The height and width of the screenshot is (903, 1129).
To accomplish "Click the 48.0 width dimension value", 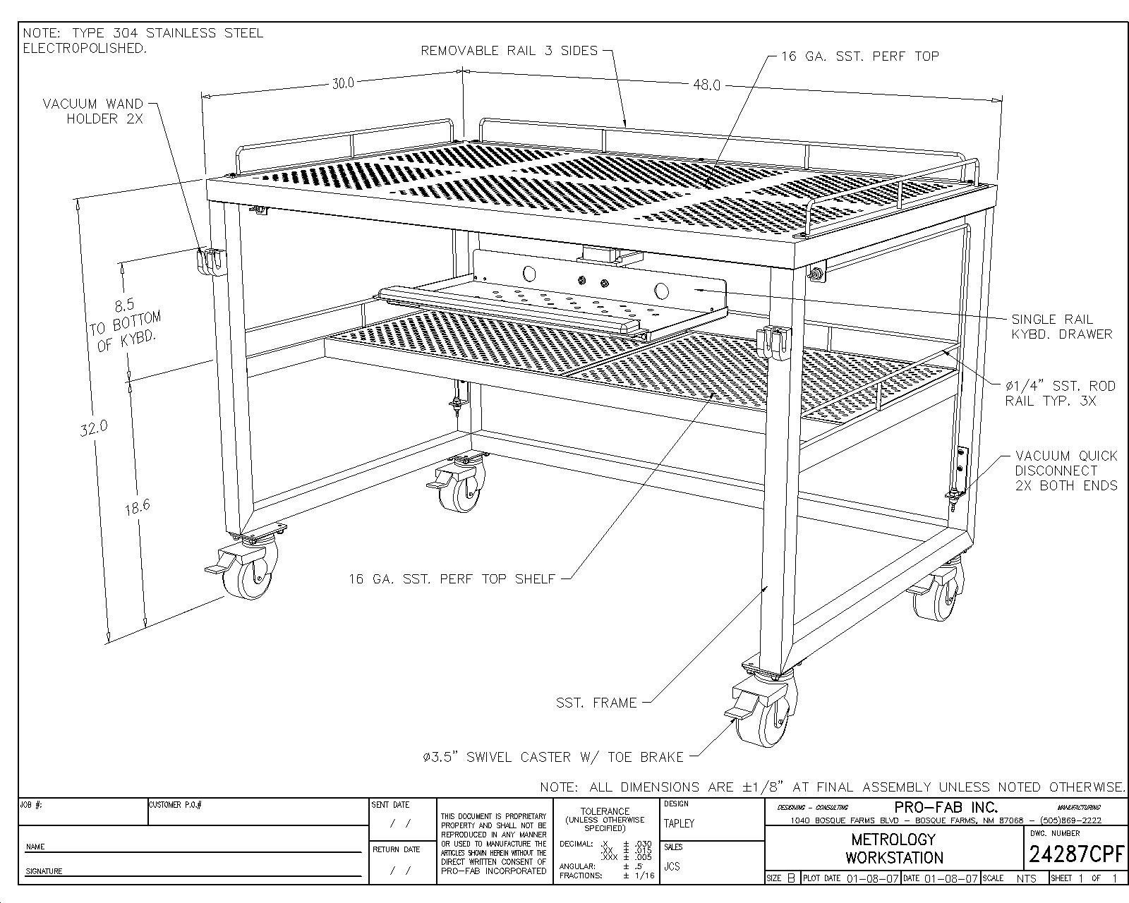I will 706,85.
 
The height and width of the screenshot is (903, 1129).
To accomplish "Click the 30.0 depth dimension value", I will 343,83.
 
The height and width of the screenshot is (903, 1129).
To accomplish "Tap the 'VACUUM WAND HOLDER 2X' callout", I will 93,111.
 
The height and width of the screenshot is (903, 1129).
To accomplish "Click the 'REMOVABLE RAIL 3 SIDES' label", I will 509,51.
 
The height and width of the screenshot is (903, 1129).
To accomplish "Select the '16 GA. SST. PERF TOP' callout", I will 859,56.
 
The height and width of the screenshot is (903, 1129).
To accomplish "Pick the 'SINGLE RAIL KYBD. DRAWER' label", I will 1061,327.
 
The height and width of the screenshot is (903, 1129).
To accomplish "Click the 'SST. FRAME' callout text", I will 596,703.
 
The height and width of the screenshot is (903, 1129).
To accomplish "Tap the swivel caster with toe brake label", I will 553,757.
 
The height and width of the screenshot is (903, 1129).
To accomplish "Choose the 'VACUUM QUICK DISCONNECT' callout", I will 1065,471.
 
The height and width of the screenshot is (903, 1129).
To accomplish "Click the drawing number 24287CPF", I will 1075,854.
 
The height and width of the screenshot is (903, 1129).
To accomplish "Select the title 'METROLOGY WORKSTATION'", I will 893,849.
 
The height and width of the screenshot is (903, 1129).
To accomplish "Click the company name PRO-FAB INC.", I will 946,807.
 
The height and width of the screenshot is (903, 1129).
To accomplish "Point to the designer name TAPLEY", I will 679,823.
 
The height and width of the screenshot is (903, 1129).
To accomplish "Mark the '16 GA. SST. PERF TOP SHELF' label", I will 452,579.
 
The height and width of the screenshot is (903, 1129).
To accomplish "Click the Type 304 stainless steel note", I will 143,40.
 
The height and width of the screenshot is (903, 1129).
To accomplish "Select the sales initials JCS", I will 672,866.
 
